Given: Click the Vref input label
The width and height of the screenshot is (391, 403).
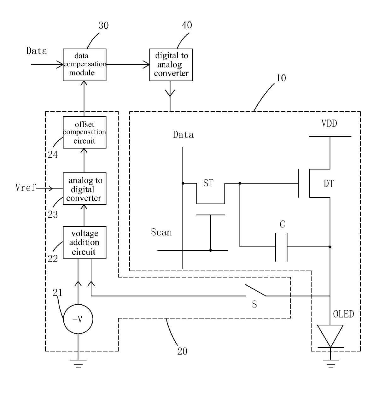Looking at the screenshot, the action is (26, 187).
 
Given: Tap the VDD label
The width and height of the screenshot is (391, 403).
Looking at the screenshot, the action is (329, 123).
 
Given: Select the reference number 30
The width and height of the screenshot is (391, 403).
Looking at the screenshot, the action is (103, 26).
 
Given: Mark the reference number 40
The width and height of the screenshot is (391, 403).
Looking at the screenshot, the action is (187, 25).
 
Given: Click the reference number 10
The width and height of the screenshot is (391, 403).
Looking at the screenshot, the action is (281, 78).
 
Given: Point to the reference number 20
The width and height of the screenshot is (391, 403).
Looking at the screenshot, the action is (182, 351).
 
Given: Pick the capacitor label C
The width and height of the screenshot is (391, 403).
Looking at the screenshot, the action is (282, 224).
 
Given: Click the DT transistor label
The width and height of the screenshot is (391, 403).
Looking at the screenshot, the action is (329, 184).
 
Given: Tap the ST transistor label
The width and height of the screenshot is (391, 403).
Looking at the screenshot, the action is (208, 183).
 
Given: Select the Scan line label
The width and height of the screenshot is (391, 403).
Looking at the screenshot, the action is (161, 232).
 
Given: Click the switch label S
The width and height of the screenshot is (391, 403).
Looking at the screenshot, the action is (254, 304).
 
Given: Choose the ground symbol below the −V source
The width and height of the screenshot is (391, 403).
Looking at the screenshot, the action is (78, 364).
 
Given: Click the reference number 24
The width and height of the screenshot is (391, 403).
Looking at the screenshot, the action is (53, 155).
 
